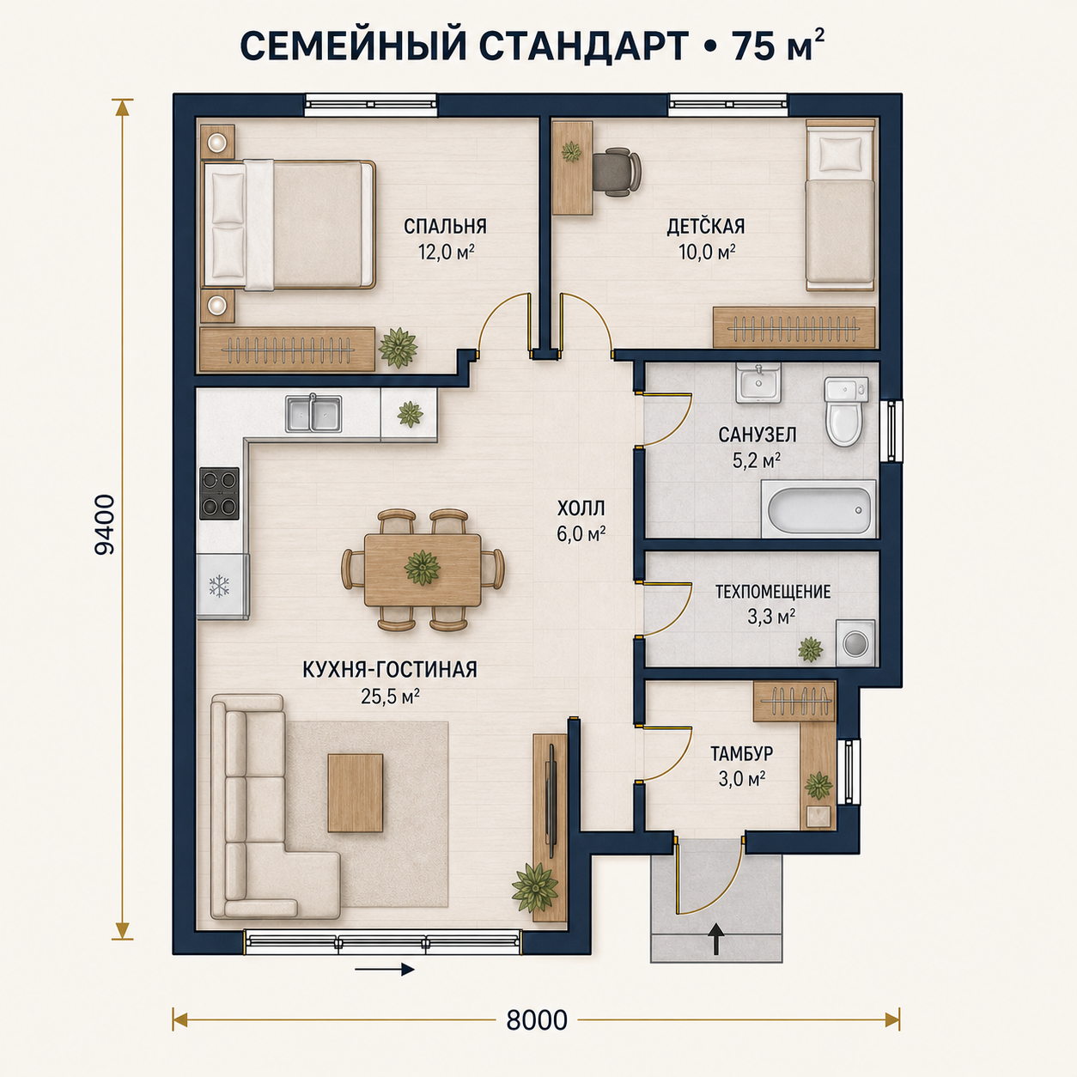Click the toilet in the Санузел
point(845,411)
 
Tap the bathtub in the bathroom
point(818,508)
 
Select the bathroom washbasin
point(758,382)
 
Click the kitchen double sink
point(313,414)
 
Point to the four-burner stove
point(219,494)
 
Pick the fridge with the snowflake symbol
point(222,587)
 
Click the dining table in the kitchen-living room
point(423,570)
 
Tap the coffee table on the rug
point(356,793)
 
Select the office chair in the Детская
point(616,172)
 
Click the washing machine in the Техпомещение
point(855,642)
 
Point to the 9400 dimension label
point(105,524)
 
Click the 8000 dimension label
point(537,1020)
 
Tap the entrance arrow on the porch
point(716,939)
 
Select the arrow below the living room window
point(385,969)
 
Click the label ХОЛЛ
point(581,508)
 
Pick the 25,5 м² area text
point(390,696)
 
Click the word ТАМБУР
point(742,753)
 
